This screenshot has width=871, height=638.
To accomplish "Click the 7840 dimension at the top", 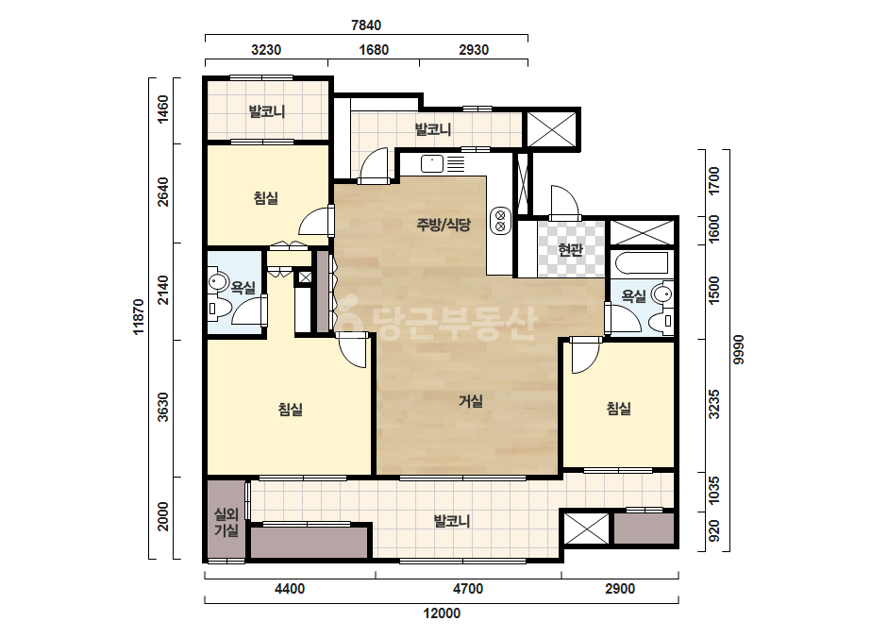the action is (366, 25).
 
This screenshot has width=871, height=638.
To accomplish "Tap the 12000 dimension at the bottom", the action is (442, 613).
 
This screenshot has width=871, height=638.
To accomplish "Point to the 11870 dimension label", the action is (139, 317).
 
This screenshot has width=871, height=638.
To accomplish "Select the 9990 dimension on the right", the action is (738, 349).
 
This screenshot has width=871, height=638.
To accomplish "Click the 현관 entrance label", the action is (570, 249).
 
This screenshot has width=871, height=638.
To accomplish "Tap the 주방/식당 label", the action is (444, 225).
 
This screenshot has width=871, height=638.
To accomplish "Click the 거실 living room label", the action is (470, 401).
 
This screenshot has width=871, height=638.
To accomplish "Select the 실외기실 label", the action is (226, 523).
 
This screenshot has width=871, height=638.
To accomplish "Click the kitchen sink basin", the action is (431, 164).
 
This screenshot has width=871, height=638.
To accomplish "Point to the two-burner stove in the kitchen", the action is (500, 221).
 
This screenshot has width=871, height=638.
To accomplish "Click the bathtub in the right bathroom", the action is (642, 263).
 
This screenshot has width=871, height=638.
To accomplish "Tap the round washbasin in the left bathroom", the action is (218, 282).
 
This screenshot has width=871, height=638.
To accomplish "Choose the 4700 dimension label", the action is (468, 589).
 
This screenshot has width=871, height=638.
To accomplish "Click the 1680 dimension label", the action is (374, 50).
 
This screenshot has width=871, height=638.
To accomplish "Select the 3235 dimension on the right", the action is (714, 404).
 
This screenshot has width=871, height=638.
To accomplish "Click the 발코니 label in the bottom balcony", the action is (452, 521).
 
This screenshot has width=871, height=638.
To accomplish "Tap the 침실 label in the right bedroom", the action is (618, 409).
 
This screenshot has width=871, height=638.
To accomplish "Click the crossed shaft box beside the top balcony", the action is (552, 129).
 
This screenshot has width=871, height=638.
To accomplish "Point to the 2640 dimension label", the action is (162, 192).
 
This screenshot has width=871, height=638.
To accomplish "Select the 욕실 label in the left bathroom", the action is (243, 287).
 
